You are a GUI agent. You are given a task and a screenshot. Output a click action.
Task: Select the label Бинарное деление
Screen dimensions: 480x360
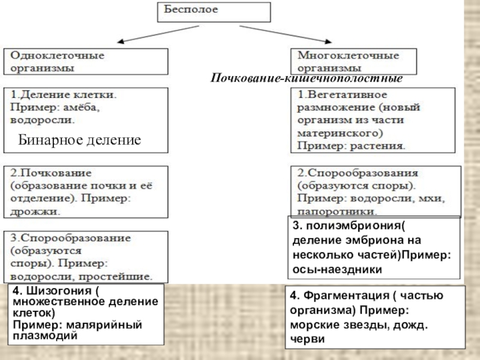(x=79, y=140)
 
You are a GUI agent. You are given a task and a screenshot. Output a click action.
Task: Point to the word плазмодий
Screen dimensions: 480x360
(x=45, y=335)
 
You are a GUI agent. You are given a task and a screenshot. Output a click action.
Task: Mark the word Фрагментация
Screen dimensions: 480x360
(x=341, y=296)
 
